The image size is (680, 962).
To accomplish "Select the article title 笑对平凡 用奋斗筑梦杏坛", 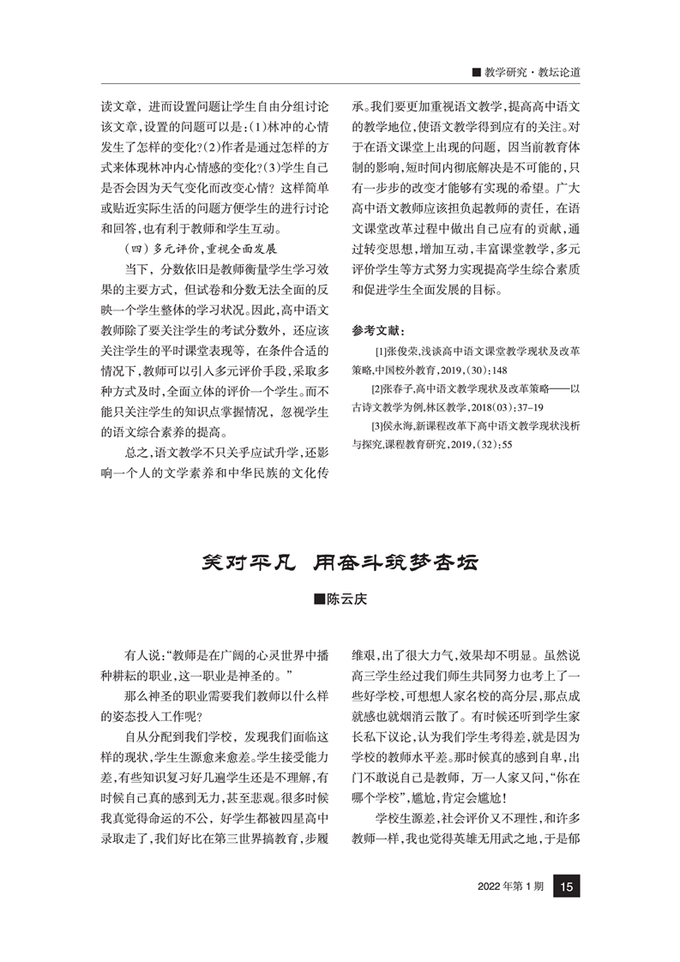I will [x=340, y=563].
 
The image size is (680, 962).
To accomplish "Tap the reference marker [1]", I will [x=380, y=352].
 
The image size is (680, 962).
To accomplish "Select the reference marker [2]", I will [x=378, y=389].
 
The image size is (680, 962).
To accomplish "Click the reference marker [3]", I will [x=378, y=426].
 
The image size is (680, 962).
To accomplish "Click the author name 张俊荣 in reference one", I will [x=401, y=352].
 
